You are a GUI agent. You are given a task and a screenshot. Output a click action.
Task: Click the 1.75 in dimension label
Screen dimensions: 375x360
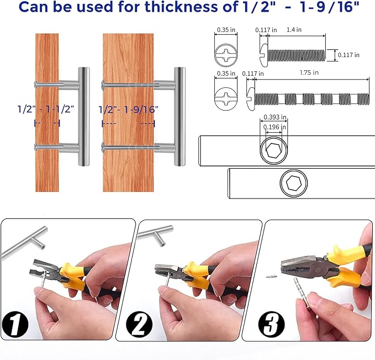tap(309, 72)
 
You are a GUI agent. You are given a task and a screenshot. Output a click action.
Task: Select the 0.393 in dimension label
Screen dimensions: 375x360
tap(275, 117)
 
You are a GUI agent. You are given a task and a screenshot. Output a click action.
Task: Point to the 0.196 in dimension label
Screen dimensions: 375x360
tap(274, 127)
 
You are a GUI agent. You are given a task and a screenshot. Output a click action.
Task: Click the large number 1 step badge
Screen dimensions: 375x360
tap(15, 325)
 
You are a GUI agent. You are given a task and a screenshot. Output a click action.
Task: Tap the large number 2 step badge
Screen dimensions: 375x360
tap(139, 325)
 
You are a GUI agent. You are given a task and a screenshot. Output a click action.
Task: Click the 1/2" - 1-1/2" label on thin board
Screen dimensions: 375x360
tap(46, 109)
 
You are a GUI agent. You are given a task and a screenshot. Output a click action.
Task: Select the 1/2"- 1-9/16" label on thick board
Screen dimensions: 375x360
tap(129, 109)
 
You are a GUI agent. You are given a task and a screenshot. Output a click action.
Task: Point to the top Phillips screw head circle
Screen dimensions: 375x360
tap(226, 55)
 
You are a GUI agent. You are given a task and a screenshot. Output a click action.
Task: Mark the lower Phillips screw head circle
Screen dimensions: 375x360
tap(226, 98)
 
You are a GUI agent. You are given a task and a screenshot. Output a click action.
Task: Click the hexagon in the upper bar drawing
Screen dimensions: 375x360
tap(273, 151)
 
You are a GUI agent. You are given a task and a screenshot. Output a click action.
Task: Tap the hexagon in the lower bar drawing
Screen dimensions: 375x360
tap(294, 183)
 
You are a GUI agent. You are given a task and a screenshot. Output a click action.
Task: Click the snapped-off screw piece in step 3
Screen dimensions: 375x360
tap(271, 276)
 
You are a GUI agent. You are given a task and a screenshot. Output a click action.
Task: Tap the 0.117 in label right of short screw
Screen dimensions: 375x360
tap(348, 55)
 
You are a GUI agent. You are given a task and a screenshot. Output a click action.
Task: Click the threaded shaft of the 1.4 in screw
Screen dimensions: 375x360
tap(297, 55)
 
